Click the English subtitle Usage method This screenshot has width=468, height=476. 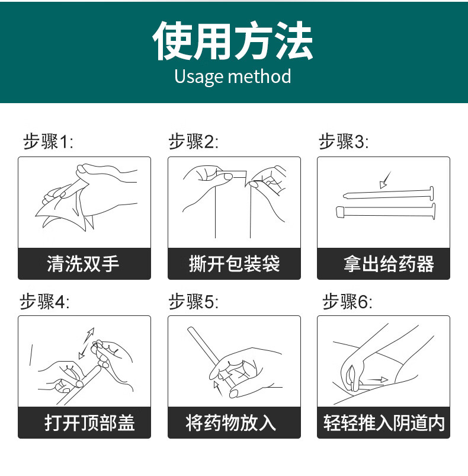click(233, 76)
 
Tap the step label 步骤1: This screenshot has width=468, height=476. click(48, 142)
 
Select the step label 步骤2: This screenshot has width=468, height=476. click(194, 142)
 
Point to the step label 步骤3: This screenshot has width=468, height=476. click(344, 142)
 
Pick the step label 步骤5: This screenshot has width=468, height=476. click(194, 302)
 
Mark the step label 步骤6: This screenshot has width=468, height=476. click(347, 302)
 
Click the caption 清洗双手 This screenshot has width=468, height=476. click(84, 263)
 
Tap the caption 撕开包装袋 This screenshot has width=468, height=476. click(234, 263)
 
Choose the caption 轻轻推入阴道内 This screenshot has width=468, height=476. click(384, 423)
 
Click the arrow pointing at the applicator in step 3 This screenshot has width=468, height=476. click(386, 178)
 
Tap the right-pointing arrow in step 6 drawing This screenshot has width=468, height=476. click(376, 379)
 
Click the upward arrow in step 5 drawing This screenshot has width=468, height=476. click(219, 388)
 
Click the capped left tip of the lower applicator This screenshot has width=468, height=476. click(339, 210)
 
